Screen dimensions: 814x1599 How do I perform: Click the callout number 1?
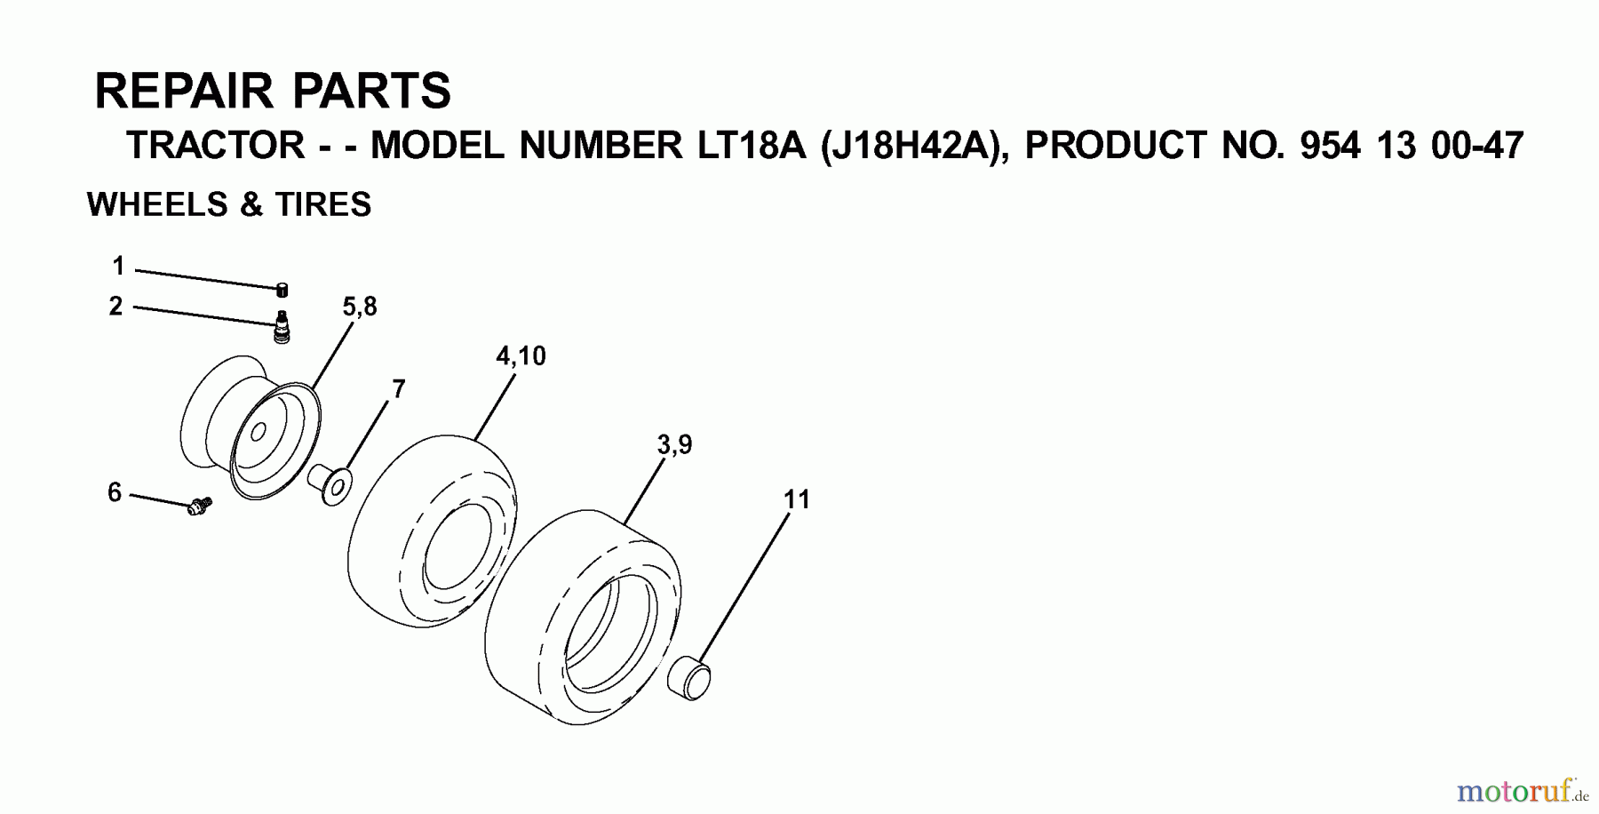click(118, 266)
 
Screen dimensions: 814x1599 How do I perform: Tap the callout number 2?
click(115, 307)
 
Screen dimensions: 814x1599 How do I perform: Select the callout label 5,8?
click(360, 307)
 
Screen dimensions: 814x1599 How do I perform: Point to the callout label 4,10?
click(521, 356)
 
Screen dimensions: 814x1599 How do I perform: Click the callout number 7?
click(399, 389)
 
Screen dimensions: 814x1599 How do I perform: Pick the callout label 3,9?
click(674, 444)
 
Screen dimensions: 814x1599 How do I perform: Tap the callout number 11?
click(797, 500)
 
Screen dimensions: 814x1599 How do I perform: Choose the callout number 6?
click(114, 492)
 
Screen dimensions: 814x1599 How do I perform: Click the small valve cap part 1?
click(282, 289)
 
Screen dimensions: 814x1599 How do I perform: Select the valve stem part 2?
click(282, 327)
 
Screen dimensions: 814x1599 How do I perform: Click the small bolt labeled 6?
click(199, 507)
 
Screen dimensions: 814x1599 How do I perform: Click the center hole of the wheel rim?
click(259, 433)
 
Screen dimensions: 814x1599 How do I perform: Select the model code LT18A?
click(757, 146)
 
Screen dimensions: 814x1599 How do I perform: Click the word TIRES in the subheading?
click(322, 205)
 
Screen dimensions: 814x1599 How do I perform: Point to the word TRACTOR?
click(216, 146)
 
